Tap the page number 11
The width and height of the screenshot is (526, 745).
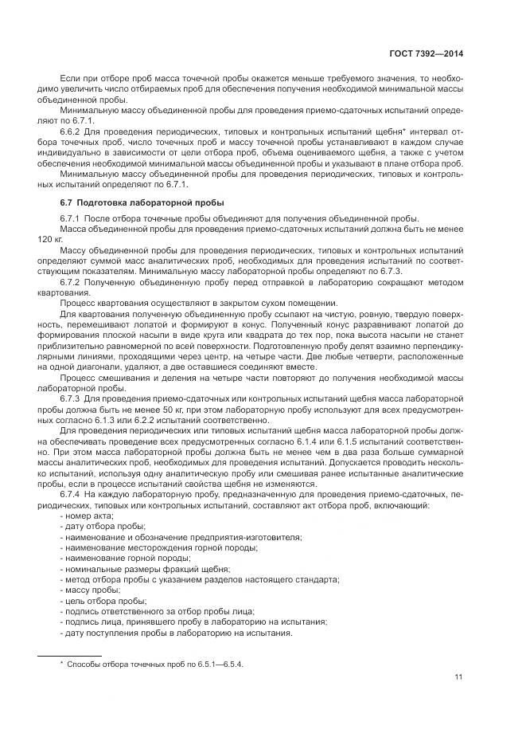(458, 677)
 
